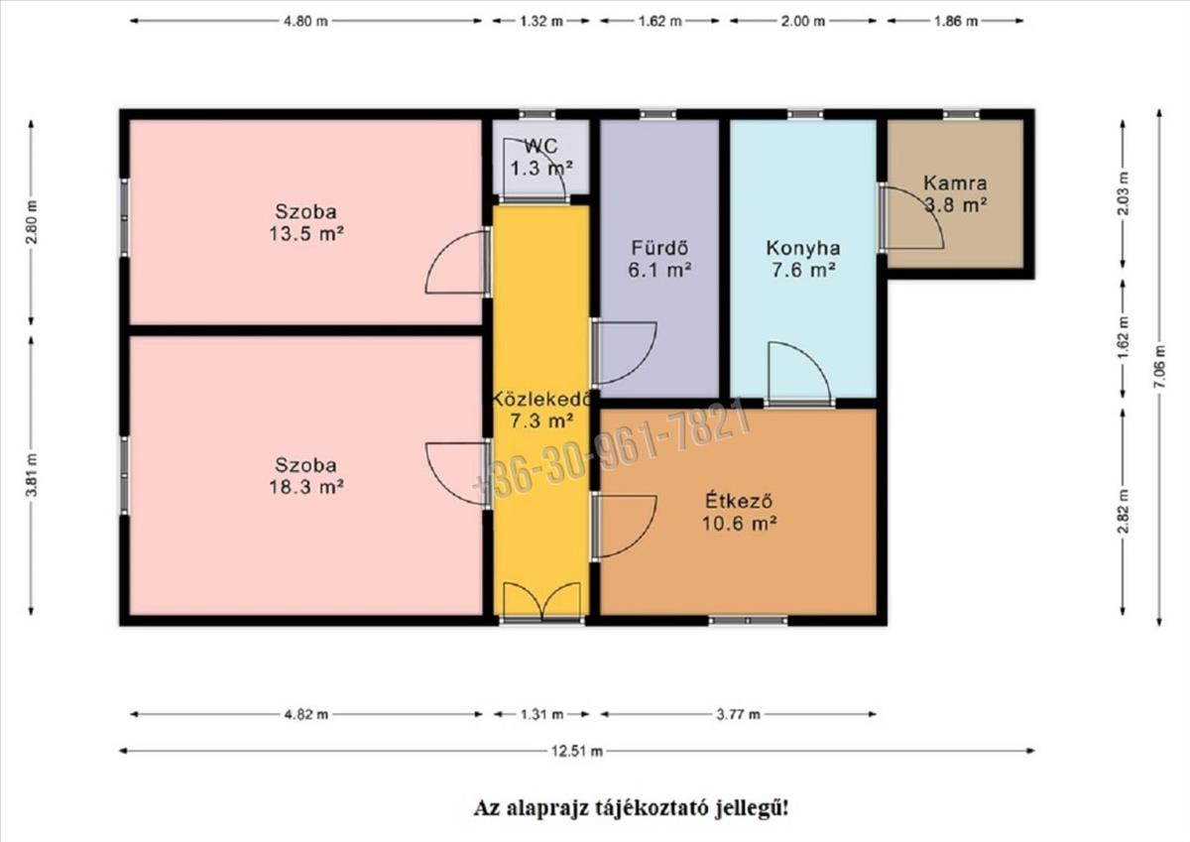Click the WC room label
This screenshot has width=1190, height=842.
[x=541, y=158]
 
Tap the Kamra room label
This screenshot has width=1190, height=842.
[x=955, y=194]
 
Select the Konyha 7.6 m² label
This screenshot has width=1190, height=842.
[x=803, y=259]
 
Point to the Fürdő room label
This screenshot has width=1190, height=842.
[x=659, y=259]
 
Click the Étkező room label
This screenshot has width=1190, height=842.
[x=739, y=512]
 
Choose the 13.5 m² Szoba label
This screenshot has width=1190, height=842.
[x=306, y=222]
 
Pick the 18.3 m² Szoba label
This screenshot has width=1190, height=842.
[x=306, y=476]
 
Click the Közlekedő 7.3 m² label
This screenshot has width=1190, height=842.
[x=541, y=411]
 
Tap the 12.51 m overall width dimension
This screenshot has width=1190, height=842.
[x=577, y=751]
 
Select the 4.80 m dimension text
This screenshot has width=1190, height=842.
[x=305, y=21]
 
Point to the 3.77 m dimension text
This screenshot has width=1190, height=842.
[x=738, y=714]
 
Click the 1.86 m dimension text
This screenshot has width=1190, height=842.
[x=956, y=21]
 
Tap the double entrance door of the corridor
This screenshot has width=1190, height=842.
[x=541, y=602]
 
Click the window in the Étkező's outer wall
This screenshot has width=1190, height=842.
[x=748, y=621]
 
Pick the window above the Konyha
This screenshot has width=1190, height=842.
[x=805, y=114]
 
